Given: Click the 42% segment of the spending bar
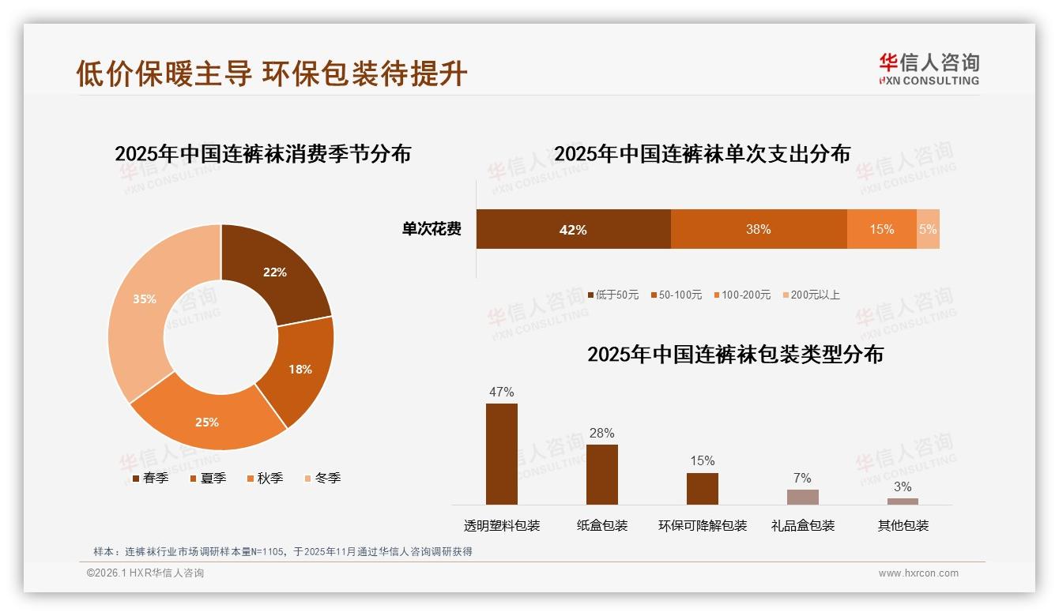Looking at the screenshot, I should coord(573,229).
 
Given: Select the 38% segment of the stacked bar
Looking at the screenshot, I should coord(759,229).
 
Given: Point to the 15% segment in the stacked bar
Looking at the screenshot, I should coord(881,229).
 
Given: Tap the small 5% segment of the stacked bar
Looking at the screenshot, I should coord(928,229).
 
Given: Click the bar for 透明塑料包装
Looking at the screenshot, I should coord(502,454).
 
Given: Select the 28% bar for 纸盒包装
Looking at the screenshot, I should coord(602,474).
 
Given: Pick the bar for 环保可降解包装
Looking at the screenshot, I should coord(703,488).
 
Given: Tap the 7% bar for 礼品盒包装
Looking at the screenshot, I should coord(802,497).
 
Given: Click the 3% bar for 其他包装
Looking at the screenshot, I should coord(903,501).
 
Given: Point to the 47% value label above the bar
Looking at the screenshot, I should coord(502,392).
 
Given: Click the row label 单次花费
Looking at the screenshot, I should coord(432,229).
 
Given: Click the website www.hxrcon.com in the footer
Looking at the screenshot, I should coord(918,573).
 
